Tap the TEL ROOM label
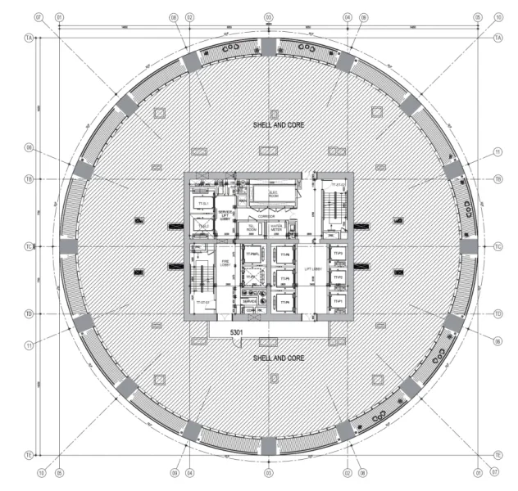tap(252, 228)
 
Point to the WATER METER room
tap(276, 228)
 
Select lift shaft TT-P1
tap(337, 302)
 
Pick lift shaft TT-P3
tap(337, 255)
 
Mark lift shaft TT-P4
tap(284, 302)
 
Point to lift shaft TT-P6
tap(284, 255)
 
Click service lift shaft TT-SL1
tap(202, 202)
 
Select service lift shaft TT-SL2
tap(202, 226)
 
